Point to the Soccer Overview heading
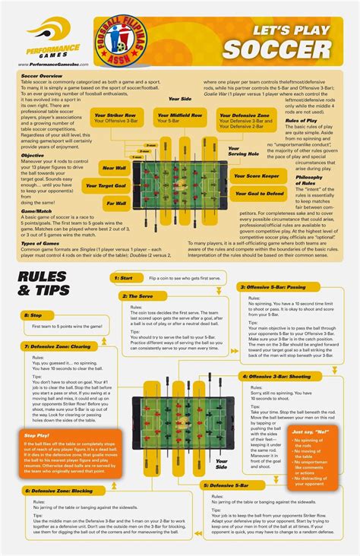(x=42, y=77)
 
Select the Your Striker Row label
(x=115, y=118)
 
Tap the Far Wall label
(x=116, y=203)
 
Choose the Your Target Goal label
(x=105, y=185)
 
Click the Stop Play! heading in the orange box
(x=36, y=434)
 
